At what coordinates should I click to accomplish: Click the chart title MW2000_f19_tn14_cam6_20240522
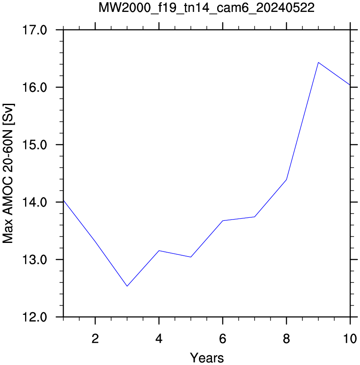point(207,8)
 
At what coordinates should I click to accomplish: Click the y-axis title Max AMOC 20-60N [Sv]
point(8,174)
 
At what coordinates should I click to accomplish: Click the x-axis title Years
point(207,358)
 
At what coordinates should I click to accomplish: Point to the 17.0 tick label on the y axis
point(34,30)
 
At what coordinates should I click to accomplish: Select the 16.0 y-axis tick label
point(34,88)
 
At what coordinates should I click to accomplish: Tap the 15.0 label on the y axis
point(34,145)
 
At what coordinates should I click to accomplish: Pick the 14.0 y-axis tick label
point(34,202)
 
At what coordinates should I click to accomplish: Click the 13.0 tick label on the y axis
point(34,259)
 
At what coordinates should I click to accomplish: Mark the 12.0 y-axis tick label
point(34,317)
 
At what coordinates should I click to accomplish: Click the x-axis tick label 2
point(95,339)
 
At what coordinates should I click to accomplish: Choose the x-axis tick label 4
point(159,339)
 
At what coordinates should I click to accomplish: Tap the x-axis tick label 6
point(223,339)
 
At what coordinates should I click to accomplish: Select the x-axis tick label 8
point(286,339)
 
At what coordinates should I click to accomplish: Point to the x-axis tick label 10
point(350,339)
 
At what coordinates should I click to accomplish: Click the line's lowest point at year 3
point(127,286)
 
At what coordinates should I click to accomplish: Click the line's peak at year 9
point(318,63)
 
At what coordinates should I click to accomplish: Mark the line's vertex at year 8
point(286,180)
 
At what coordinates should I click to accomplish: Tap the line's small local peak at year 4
point(159,251)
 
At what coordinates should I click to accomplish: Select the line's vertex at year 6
point(223,221)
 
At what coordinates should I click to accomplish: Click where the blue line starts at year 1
point(63,200)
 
